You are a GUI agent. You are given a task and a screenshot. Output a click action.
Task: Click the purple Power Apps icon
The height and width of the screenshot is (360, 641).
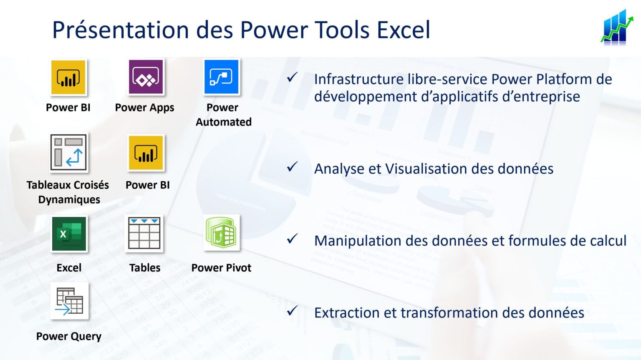[146, 77]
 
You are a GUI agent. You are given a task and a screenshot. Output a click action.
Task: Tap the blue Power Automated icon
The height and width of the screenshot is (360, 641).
[222, 77]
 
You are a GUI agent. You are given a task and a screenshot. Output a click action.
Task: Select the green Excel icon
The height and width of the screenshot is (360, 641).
[69, 234]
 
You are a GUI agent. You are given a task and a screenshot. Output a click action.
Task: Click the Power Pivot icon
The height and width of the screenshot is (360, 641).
[221, 233]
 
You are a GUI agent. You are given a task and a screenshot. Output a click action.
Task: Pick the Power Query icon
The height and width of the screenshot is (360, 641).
[69, 301]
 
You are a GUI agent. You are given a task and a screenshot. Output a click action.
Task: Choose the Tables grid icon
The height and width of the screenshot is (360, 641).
[144, 234]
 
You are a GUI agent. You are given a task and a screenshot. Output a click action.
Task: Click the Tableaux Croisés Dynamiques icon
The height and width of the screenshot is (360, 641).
[69, 153]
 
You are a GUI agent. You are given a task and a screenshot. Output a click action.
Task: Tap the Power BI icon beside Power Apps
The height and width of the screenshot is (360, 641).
[68, 78]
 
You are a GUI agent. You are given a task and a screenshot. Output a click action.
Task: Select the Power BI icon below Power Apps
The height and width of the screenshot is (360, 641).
[146, 153]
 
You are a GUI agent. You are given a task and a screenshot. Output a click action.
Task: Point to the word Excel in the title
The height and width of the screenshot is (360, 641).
[403, 30]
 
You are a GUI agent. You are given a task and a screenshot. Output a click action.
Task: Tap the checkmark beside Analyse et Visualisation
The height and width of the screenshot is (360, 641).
[292, 167]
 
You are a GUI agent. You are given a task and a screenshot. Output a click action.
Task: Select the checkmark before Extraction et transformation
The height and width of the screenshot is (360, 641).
[292, 311]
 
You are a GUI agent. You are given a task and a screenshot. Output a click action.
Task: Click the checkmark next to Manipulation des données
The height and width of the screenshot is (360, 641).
[292, 239]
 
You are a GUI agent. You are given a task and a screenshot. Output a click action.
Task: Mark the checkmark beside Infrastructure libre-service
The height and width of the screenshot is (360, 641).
[292, 77]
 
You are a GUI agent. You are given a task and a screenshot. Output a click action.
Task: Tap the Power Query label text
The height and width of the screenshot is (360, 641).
[69, 336]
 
